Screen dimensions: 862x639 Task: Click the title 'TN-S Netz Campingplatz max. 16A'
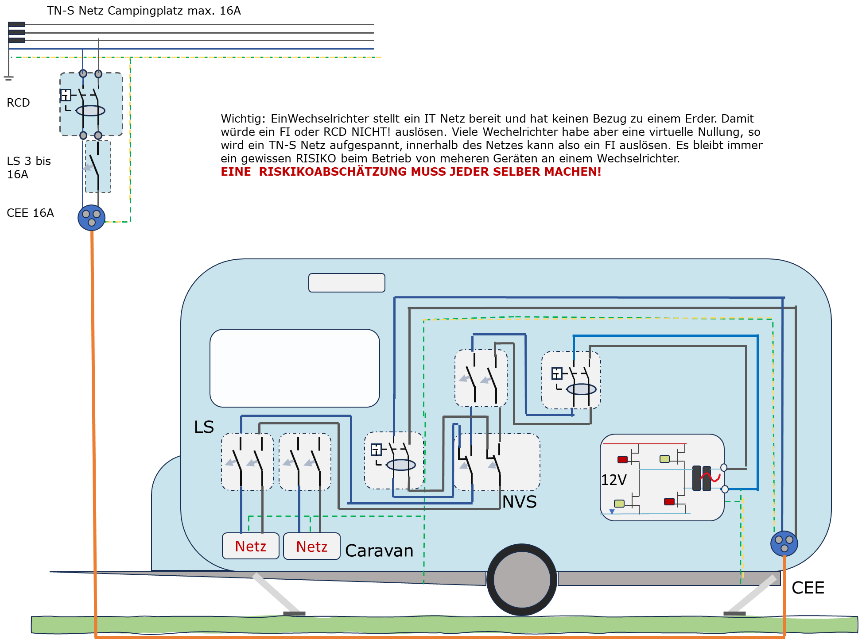click(x=144, y=11)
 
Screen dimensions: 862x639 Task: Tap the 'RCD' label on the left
click(x=18, y=103)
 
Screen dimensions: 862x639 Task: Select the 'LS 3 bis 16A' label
click(x=29, y=168)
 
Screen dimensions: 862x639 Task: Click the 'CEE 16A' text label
click(x=30, y=213)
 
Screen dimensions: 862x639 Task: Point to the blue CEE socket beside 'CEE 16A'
click(x=92, y=218)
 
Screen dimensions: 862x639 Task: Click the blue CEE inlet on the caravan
click(x=784, y=544)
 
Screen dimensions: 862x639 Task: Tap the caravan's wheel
click(x=522, y=580)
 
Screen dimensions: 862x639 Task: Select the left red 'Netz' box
click(x=251, y=546)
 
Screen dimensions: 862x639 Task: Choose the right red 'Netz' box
click(x=312, y=546)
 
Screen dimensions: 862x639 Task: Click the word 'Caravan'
click(x=379, y=550)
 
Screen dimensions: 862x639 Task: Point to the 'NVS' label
click(x=519, y=502)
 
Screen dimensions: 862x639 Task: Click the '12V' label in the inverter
click(x=613, y=480)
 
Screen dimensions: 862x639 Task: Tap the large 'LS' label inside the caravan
click(x=204, y=427)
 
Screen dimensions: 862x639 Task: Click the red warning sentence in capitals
click(x=411, y=172)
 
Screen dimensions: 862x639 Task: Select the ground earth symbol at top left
click(x=9, y=78)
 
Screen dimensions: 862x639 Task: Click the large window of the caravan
click(x=295, y=368)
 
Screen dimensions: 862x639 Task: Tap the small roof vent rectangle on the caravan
click(x=347, y=283)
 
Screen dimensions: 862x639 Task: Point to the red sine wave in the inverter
click(x=711, y=477)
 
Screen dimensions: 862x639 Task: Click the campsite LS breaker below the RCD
click(x=98, y=167)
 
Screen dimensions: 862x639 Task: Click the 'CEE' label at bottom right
click(x=808, y=588)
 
